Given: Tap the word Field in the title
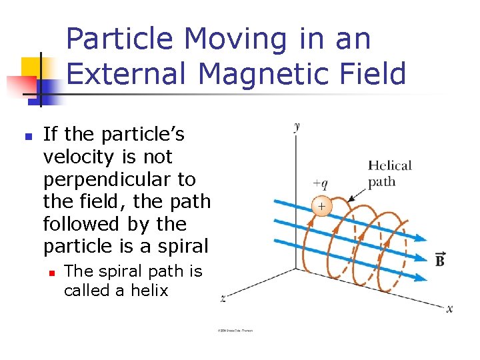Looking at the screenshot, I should pyautogui.click(x=369, y=74).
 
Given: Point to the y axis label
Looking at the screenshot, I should pyautogui.click(x=297, y=125).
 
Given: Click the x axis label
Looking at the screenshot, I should pyautogui.click(x=449, y=308).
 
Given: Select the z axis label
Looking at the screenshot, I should pyautogui.click(x=223, y=299).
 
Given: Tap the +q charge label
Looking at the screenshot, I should pyautogui.click(x=319, y=184).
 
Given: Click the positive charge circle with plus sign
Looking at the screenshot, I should pyautogui.click(x=321, y=207).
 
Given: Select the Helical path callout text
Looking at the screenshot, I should pyautogui.click(x=390, y=173).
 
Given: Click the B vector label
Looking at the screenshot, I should pyautogui.click(x=440, y=259).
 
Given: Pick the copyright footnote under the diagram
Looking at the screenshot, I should pyautogui.click(x=235, y=330).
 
